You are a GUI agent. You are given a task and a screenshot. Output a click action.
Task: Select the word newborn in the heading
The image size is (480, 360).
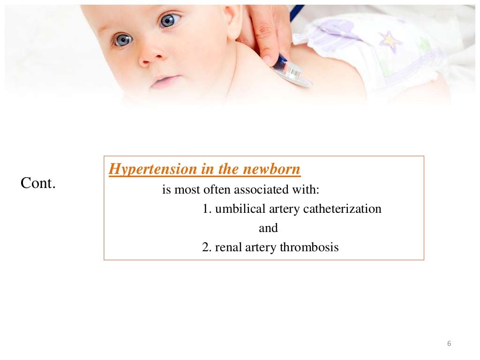[x=271, y=169]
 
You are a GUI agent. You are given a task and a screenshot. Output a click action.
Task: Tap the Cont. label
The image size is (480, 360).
[x=38, y=183]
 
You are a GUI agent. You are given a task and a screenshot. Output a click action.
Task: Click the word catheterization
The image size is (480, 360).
[x=342, y=209]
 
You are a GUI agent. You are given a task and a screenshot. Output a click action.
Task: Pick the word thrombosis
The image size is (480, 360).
[x=309, y=247]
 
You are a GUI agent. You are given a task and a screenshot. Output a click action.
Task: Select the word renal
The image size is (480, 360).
[x=229, y=247]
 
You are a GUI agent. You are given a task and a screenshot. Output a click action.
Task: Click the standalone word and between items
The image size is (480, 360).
[x=268, y=228]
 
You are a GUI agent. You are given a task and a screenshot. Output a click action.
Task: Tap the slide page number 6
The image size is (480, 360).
[x=449, y=344]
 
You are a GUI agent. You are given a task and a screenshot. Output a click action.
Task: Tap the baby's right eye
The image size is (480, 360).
[x=123, y=40]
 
